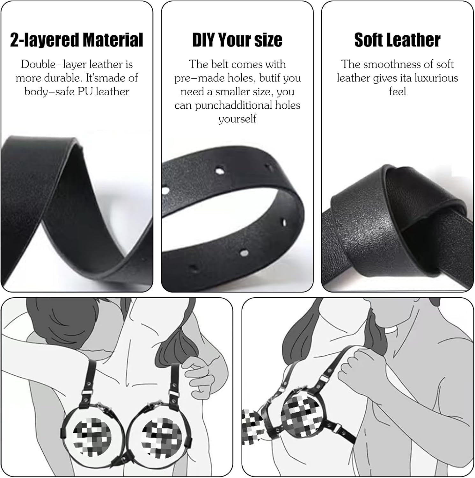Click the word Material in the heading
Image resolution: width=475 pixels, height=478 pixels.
(113, 40)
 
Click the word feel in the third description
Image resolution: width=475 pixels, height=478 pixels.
(398, 92)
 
